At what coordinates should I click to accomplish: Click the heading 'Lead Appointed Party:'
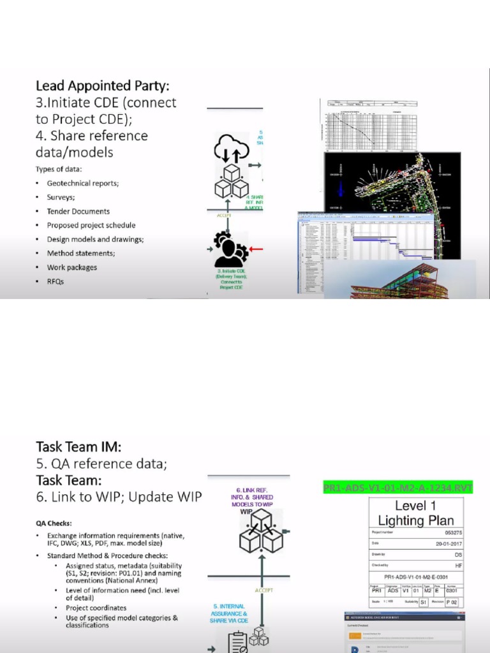click(102, 85)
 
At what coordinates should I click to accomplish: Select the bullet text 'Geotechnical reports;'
click(82, 183)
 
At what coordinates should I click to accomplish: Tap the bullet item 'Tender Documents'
click(78, 211)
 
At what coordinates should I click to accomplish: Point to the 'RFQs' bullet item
click(56, 281)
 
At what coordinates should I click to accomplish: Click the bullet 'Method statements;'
click(81, 253)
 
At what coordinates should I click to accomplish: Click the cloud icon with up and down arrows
click(231, 149)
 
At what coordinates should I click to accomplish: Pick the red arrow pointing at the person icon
click(257, 249)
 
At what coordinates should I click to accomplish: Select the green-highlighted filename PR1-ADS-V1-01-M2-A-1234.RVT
click(398, 488)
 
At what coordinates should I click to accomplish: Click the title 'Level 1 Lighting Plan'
click(415, 513)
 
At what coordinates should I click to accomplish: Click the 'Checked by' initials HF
click(458, 566)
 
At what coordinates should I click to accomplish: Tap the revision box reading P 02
click(452, 601)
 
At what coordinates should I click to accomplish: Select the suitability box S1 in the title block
click(424, 601)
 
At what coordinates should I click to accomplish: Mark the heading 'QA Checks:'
click(54, 523)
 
